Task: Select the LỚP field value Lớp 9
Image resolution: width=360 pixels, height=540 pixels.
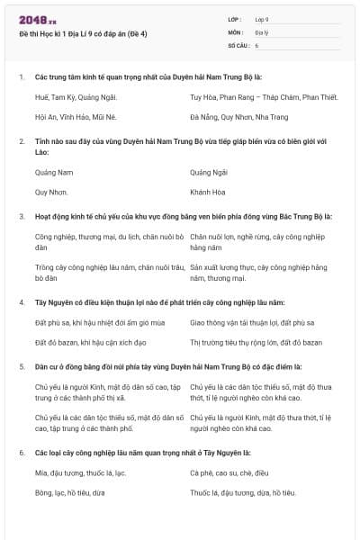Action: (x=262, y=19)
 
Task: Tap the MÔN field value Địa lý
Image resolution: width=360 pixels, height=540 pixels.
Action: (x=261, y=31)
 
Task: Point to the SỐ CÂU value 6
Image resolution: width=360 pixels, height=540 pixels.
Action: (x=256, y=44)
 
